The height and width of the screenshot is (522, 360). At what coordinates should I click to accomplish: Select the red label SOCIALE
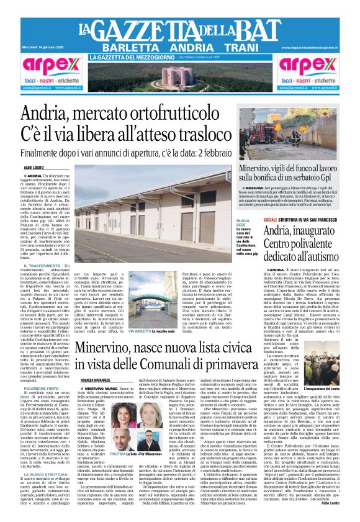(x=270, y=220)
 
